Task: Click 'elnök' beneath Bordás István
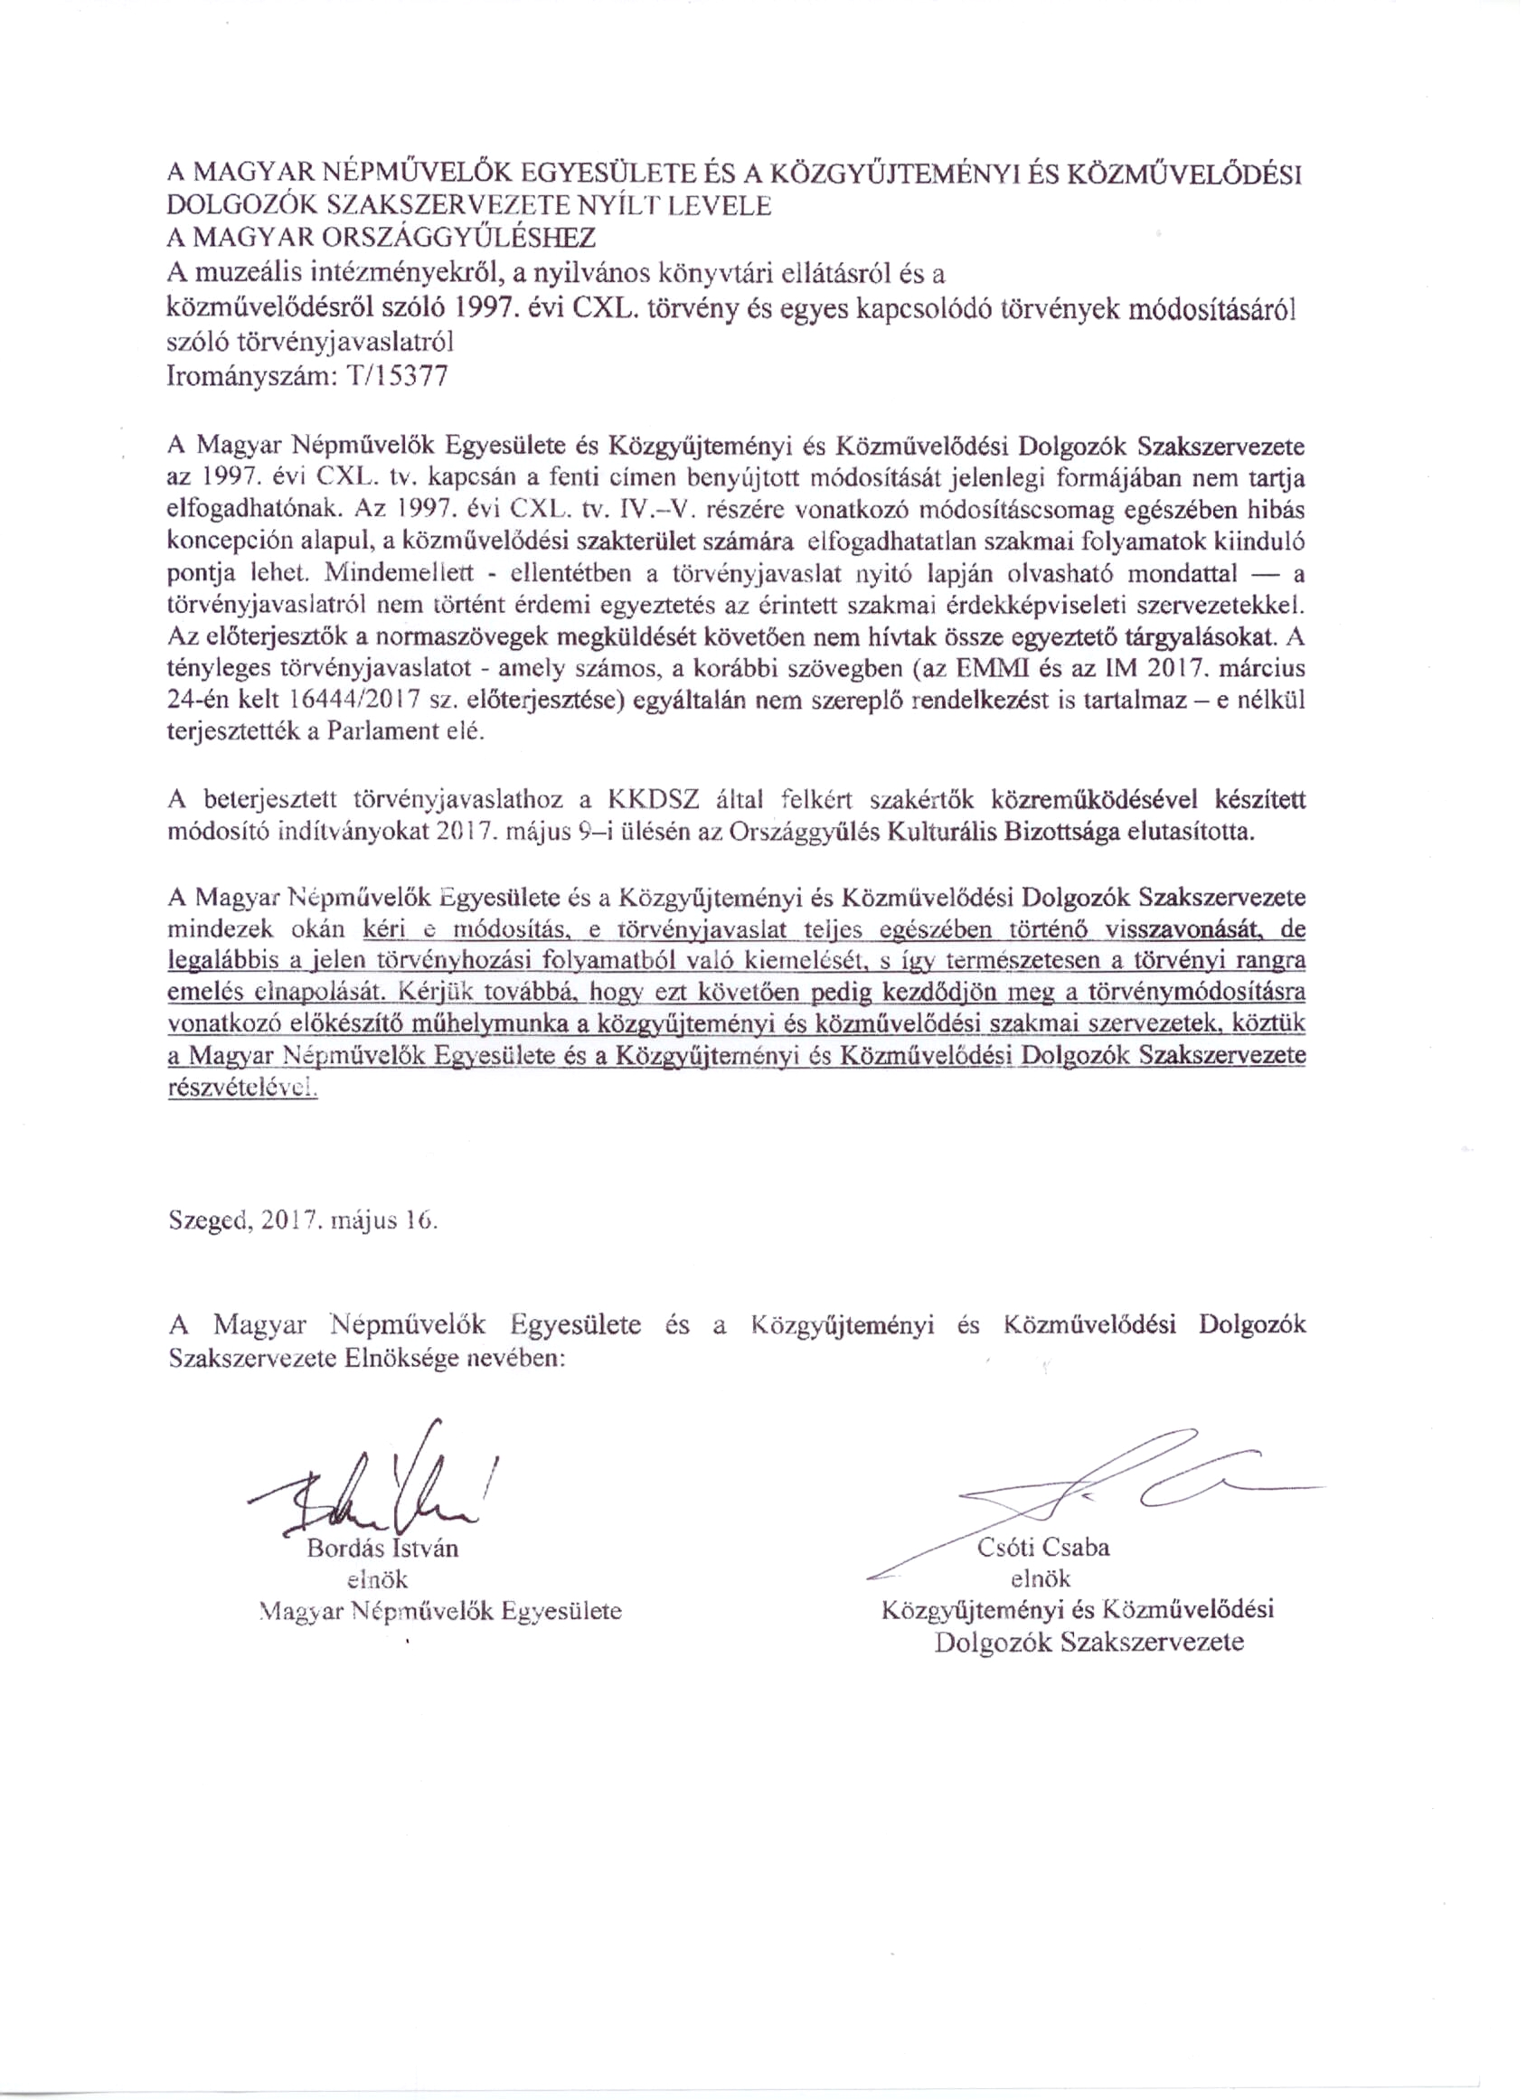point(377,1579)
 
